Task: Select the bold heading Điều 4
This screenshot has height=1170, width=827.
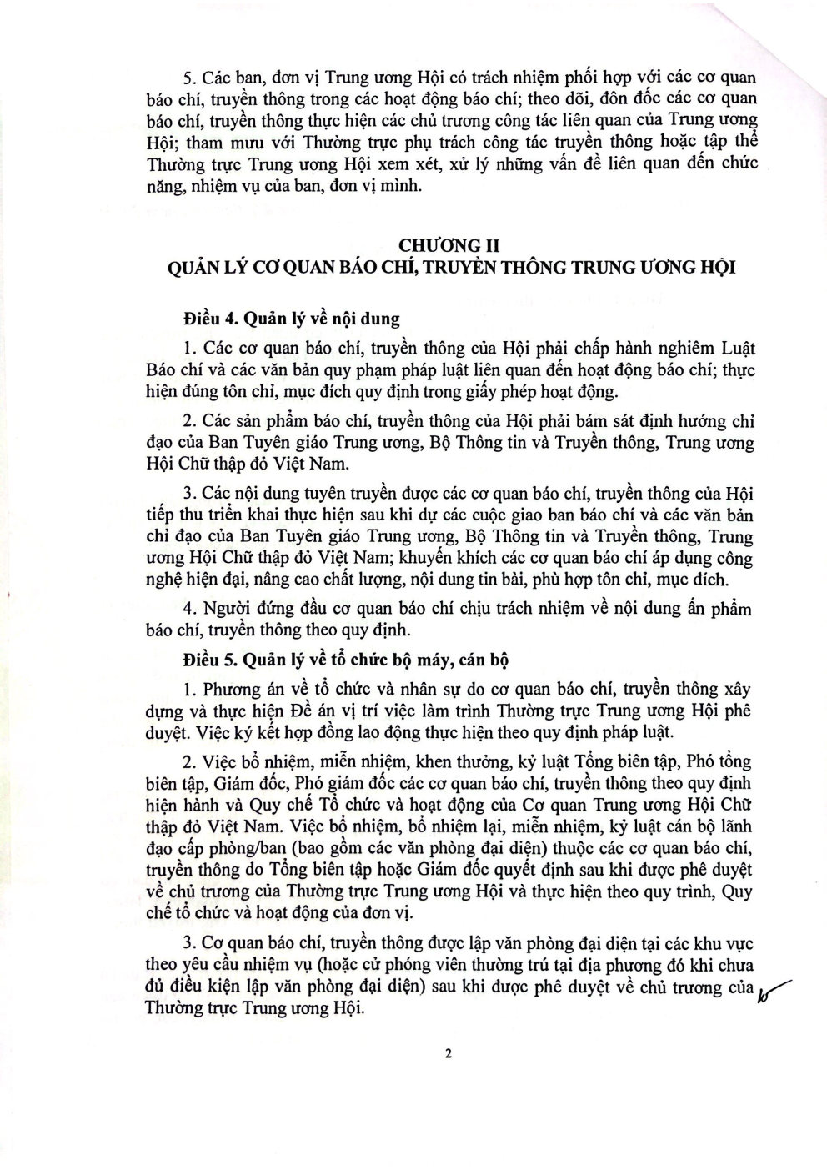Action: [210, 319]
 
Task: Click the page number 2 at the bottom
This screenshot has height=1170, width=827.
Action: [448, 1053]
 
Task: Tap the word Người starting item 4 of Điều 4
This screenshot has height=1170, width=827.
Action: [223, 608]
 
